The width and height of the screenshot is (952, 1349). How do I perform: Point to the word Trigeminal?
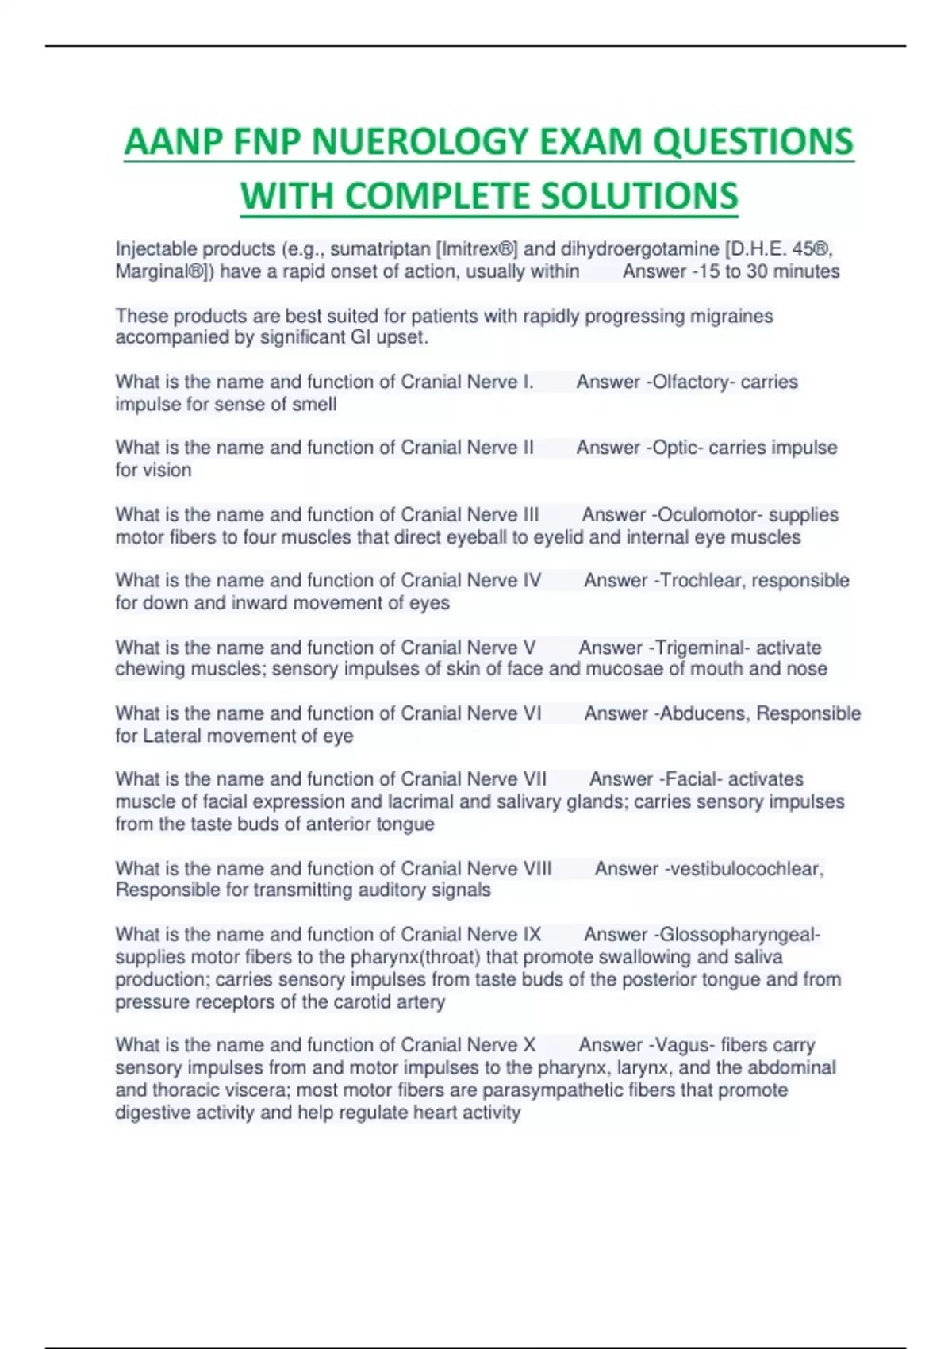pos(697,648)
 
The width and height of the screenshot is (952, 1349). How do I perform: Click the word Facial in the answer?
pos(694,779)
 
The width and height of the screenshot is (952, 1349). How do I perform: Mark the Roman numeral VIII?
pos(533,869)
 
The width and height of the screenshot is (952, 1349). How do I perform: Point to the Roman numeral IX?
pos(532,935)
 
